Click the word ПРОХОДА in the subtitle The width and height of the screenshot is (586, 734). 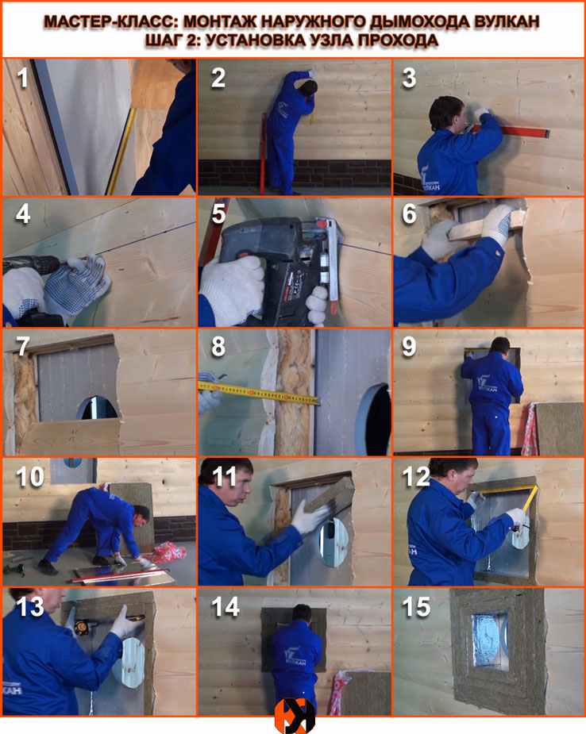[x=398, y=40]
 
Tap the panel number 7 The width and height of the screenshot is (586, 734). [x=23, y=347]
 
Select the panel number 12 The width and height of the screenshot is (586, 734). [x=416, y=477]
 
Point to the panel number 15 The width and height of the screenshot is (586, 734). [x=416, y=607]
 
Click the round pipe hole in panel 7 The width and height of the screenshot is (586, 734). [x=98, y=408]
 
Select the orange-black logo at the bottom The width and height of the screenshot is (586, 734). [x=294, y=716]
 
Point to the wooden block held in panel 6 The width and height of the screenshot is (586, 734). [x=488, y=229]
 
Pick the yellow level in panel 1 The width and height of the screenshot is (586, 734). [x=120, y=151]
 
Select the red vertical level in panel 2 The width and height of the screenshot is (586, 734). [x=264, y=153]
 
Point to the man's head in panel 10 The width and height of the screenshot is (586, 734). [x=141, y=516]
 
